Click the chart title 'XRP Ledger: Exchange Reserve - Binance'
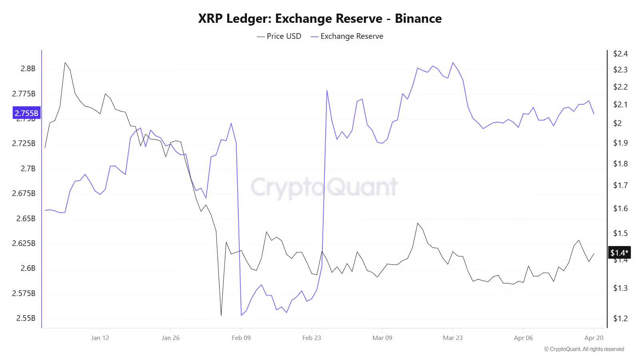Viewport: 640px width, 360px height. [x=320, y=19]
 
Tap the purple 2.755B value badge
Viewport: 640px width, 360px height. [x=26, y=113]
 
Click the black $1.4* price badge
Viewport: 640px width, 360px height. [x=619, y=253]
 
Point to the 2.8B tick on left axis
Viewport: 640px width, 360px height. [x=28, y=69]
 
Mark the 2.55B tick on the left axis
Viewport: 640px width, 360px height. [x=26, y=318]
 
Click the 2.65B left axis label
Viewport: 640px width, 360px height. [x=26, y=219]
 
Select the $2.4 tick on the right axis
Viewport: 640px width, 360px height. [x=620, y=54]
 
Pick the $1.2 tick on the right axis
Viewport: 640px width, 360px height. [x=620, y=319]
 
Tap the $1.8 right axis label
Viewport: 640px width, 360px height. [x=620, y=164]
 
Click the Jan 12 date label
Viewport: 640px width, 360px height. [x=100, y=338]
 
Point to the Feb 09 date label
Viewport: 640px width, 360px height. [x=241, y=338]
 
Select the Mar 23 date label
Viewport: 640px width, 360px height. [x=453, y=338]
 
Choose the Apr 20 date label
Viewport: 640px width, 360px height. [x=594, y=338]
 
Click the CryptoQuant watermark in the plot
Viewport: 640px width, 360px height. [x=324, y=187]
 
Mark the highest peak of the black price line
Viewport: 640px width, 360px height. [x=65, y=63]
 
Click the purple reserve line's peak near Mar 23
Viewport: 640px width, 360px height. [x=453, y=63]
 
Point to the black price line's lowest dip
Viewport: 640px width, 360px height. [x=221, y=315]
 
